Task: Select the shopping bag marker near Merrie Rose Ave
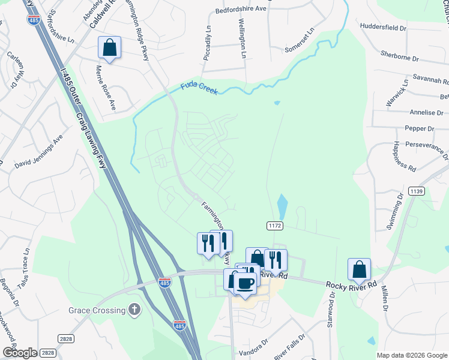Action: tap(109, 47)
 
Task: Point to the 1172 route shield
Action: tap(275, 224)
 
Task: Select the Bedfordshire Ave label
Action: tap(240, 10)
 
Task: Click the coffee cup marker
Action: tap(245, 283)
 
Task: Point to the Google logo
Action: tap(19, 353)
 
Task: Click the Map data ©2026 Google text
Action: tap(411, 355)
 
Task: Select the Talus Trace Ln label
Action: tap(26, 263)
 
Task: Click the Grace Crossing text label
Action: tap(96, 310)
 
